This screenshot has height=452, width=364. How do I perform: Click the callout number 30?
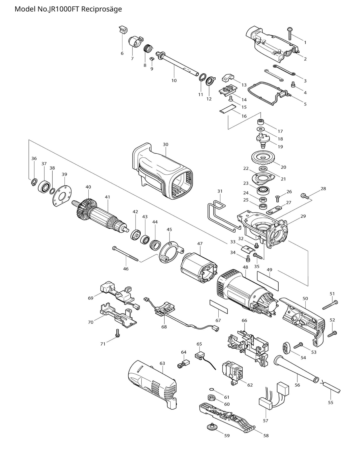pyautogui.click(x=166, y=144)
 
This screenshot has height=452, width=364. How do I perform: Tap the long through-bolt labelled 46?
pyautogui.click(x=126, y=254)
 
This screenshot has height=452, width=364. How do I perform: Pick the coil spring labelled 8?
pyautogui.click(x=148, y=48)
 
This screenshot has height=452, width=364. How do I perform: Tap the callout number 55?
pyautogui.click(x=330, y=403)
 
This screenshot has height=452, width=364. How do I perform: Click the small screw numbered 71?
pyautogui.click(x=117, y=333)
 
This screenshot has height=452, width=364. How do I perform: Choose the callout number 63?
pyautogui.click(x=162, y=363)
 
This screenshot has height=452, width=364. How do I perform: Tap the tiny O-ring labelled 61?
pyautogui.click(x=211, y=389)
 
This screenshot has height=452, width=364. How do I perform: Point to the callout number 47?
pyautogui.click(x=200, y=244)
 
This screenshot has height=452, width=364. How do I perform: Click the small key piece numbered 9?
pyautogui.click(x=152, y=59)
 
